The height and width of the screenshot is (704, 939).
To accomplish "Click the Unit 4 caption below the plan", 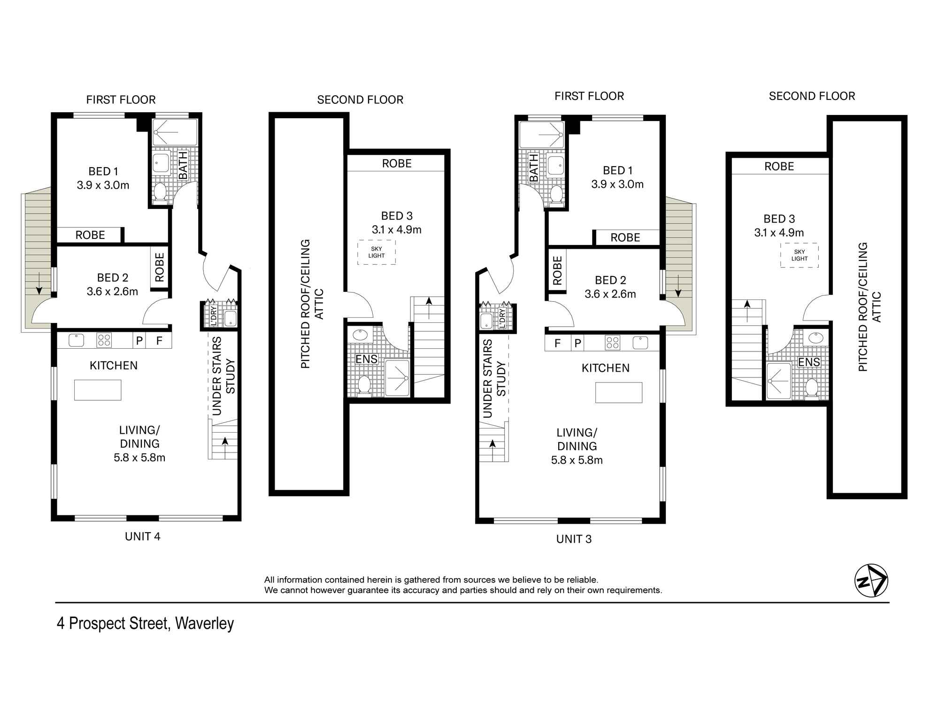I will tap(142, 536).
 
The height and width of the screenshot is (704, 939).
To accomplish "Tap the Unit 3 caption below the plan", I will tap(574, 539).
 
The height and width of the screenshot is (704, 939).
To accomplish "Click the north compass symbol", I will tap(871, 581).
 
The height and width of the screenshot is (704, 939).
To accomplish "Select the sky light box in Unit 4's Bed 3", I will tap(377, 253).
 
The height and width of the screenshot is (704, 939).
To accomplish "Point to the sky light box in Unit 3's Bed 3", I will tap(799, 255).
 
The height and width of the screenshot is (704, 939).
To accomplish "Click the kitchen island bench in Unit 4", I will tap(98, 390).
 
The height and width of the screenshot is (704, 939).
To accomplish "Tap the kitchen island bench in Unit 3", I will tap(619, 393).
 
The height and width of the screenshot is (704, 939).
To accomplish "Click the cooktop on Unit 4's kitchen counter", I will tap(104, 340).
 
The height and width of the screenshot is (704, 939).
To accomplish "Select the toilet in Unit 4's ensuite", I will tap(364, 385).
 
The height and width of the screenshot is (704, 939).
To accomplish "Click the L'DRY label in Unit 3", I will tap(502, 318).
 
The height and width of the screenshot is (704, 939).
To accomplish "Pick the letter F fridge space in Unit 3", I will tap(557, 343).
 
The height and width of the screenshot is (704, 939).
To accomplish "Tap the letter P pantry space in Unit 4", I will tap(139, 341).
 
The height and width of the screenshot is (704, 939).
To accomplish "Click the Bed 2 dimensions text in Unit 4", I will tap(112, 291).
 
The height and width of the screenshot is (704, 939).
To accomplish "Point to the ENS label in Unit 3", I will tap(809, 362).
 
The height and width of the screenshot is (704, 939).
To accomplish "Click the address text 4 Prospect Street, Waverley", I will tap(145, 624).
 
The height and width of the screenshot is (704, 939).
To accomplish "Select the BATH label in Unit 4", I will tap(183, 165).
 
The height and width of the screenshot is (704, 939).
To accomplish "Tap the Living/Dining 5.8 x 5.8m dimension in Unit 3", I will tap(577, 460).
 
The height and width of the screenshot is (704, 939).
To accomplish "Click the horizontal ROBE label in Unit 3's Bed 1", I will tap(625, 237).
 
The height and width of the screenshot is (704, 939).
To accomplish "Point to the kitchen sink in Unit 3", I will tap(640, 343).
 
